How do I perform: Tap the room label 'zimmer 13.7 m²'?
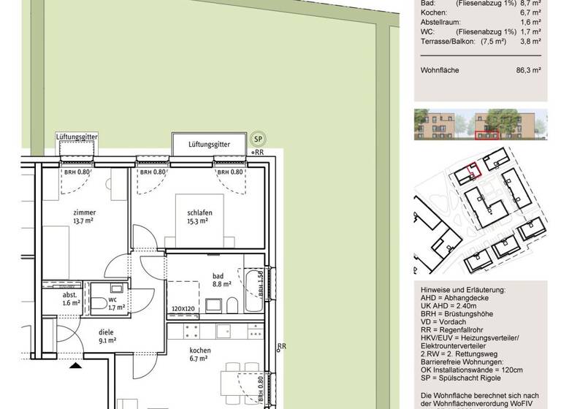point(84,216)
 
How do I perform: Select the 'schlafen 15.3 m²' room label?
point(194,216)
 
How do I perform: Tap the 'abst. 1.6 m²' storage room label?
point(71,299)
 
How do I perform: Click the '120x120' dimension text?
point(183,310)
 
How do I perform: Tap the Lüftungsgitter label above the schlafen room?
point(209,145)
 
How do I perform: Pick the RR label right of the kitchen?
point(282,348)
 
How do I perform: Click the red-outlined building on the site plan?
point(473,170)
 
